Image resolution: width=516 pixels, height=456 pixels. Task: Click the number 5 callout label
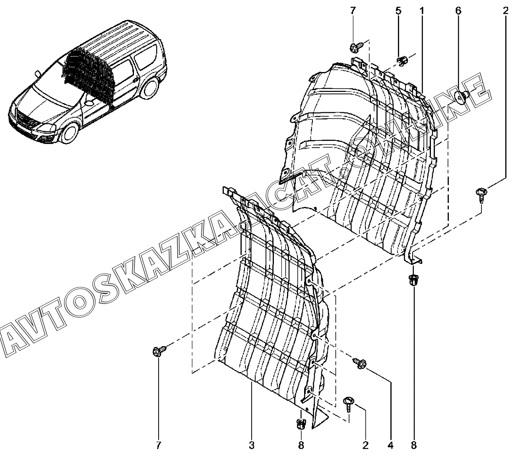coord(398,11)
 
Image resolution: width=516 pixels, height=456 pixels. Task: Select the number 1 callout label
coord(422,11)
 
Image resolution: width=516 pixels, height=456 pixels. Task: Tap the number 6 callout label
coord(458,11)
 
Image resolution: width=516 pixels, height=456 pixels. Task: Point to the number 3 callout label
coord(251,445)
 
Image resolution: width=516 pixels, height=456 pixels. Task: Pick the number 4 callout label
coord(390,445)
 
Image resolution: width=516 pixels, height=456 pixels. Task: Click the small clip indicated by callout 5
coord(402,61)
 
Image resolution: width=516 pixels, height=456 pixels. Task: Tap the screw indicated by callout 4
coord(359,363)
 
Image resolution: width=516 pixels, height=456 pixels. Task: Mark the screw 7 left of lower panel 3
coord(159,350)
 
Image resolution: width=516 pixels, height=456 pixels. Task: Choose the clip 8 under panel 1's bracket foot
coord(413,280)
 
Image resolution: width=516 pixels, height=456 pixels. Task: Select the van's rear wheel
coord(150,88)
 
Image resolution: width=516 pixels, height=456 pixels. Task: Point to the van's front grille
coord(25,119)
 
